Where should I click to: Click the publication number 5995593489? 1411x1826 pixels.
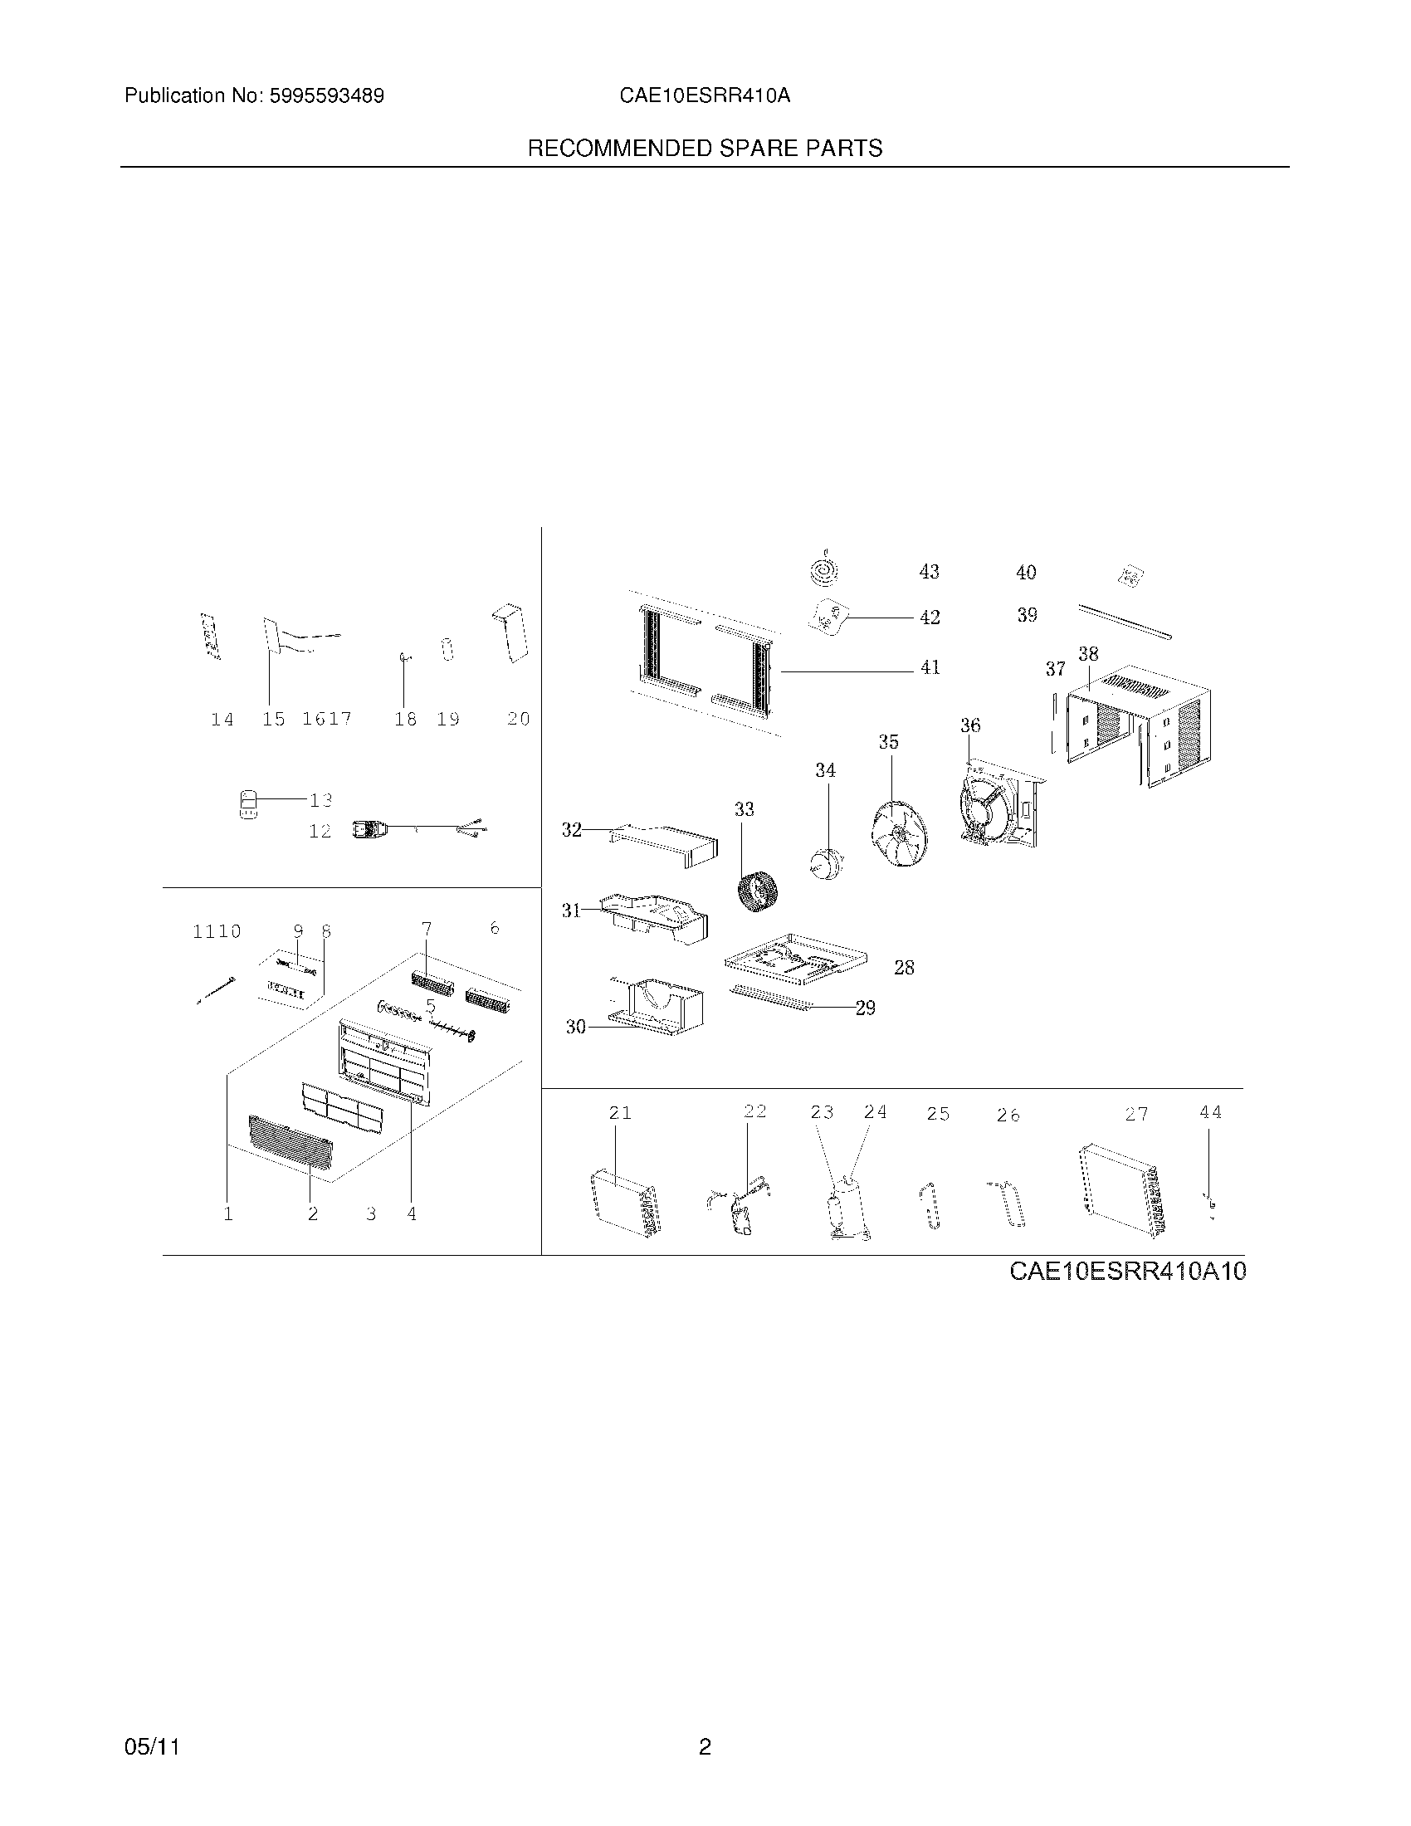click(326, 96)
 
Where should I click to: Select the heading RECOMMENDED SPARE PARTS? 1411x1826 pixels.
click(705, 149)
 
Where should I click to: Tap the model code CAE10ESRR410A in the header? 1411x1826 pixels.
click(705, 96)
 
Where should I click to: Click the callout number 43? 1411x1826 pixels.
click(929, 572)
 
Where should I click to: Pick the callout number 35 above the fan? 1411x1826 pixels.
click(888, 741)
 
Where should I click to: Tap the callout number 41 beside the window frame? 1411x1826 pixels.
click(930, 667)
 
